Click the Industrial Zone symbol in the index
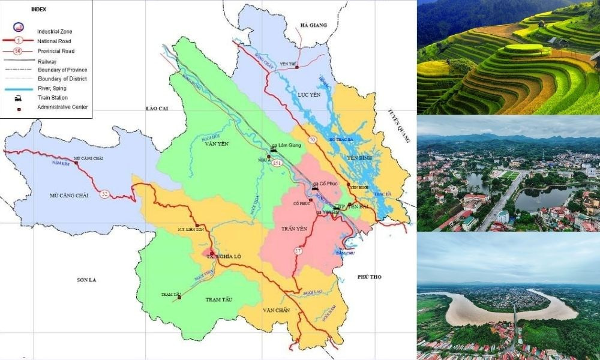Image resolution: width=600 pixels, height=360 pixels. pyautogui.click(x=18, y=28)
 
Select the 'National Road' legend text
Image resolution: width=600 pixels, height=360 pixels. pyautogui.click(x=55, y=41)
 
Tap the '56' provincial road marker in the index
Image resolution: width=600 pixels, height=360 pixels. pyautogui.click(x=18, y=51)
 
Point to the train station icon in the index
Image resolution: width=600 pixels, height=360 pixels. pyautogui.click(x=18, y=97)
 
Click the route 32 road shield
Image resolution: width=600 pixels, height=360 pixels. pyautogui.click(x=104, y=194)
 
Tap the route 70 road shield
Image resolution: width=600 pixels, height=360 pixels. pyautogui.click(x=312, y=140)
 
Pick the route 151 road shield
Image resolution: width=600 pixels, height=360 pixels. pyautogui.click(x=277, y=163)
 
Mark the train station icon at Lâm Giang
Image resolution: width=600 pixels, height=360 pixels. pyautogui.click(x=274, y=150)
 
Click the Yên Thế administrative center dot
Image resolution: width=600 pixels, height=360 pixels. pyautogui.click(x=296, y=67)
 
